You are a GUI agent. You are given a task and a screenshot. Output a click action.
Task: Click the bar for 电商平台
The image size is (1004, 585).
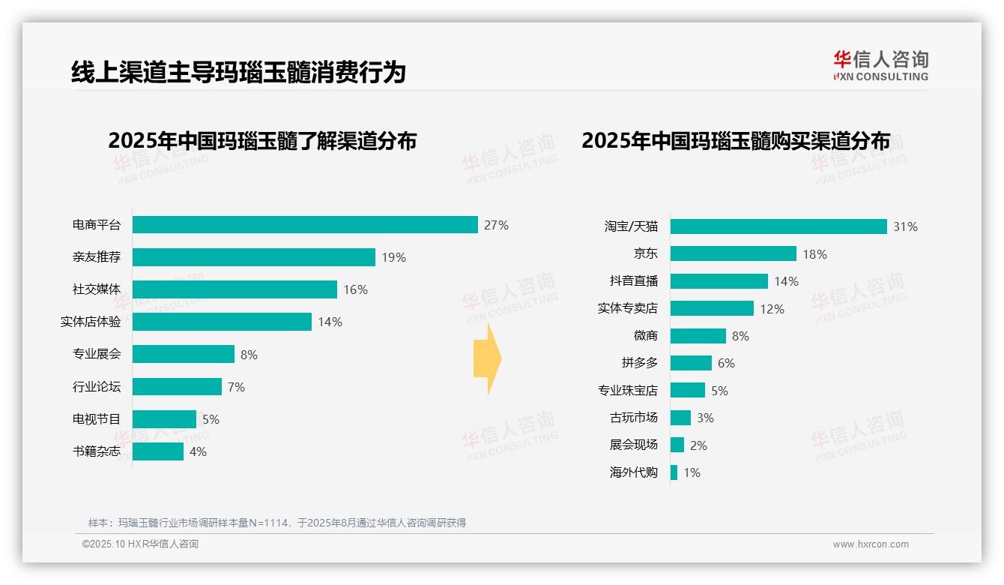click(x=305, y=225)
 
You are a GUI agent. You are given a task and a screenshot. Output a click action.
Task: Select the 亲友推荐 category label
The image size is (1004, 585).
click(x=96, y=257)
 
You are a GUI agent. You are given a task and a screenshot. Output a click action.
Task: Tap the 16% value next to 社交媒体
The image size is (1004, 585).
click(x=355, y=289)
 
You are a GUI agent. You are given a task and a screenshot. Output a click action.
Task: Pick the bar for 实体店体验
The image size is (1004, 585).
click(x=222, y=322)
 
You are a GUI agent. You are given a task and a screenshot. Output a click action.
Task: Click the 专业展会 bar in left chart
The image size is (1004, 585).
click(x=184, y=354)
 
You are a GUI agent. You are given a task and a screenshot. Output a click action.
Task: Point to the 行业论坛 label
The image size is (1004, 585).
click(x=96, y=387)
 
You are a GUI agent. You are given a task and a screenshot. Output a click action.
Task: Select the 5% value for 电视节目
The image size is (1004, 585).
click(x=211, y=419)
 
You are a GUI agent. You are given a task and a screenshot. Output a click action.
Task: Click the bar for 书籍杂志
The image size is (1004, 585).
click(x=158, y=451)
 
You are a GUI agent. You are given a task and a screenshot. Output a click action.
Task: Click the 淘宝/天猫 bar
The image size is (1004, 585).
click(x=778, y=226)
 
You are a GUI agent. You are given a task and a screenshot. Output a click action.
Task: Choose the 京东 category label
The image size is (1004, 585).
click(x=645, y=254)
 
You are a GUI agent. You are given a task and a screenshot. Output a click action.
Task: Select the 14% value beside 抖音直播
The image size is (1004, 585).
click(x=787, y=281)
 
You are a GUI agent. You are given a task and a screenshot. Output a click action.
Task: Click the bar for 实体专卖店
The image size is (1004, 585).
click(x=712, y=308)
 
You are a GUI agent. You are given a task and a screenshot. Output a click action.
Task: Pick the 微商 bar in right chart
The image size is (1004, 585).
click(x=698, y=336)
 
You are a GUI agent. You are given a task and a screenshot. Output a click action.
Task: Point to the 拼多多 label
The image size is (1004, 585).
click(x=639, y=363)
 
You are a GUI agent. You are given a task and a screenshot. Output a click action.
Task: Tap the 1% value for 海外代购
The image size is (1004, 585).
click(x=692, y=472)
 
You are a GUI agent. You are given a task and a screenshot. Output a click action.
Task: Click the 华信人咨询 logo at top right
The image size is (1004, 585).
click(x=880, y=65)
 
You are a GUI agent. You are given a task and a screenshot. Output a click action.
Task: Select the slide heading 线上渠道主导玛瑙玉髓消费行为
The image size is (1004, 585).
click(x=238, y=72)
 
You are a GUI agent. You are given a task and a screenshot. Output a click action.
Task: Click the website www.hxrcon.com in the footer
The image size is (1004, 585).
click(x=871, y=544)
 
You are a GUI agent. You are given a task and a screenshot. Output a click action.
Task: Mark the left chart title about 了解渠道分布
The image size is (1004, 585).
click(x=261, y=141)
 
